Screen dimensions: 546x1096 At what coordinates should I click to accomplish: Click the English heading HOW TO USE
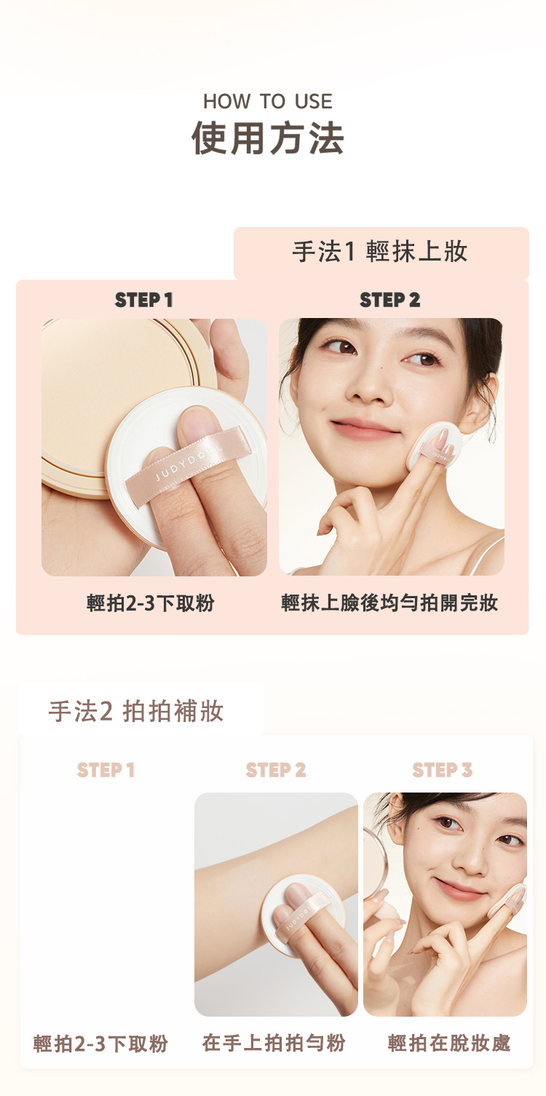[x=268, y=101]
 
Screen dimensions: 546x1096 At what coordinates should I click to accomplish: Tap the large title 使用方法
[x=268, y=138]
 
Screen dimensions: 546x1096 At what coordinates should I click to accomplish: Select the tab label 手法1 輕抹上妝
[x=380, y=252]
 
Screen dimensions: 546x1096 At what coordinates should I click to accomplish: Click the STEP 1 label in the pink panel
[x=144, y=300]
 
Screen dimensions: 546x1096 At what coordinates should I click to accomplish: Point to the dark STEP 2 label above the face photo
[x=390, y=300]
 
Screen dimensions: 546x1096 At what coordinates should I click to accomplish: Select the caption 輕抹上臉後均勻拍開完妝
[x=389, y=603]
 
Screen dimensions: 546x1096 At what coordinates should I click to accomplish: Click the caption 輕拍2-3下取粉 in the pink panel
[x=150, y=603]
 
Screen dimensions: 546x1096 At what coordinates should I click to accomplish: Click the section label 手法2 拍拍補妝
[x=136, y=711]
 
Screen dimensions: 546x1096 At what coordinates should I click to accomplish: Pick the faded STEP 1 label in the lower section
[x=106, y=770]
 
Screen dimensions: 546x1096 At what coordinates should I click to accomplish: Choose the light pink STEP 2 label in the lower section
[x=276, y=770]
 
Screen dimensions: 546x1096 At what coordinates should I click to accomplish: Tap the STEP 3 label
[x=443, y=770]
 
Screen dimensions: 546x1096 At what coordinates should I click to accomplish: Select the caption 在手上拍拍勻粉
[x=274, y=1043]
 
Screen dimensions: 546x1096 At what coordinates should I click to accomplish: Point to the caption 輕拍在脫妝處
[x=449, y=1043]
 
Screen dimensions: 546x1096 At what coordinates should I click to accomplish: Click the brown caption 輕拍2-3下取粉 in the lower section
[x=100, y=1044]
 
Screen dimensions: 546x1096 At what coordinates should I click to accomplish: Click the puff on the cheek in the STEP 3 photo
[x=509, y=900]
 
